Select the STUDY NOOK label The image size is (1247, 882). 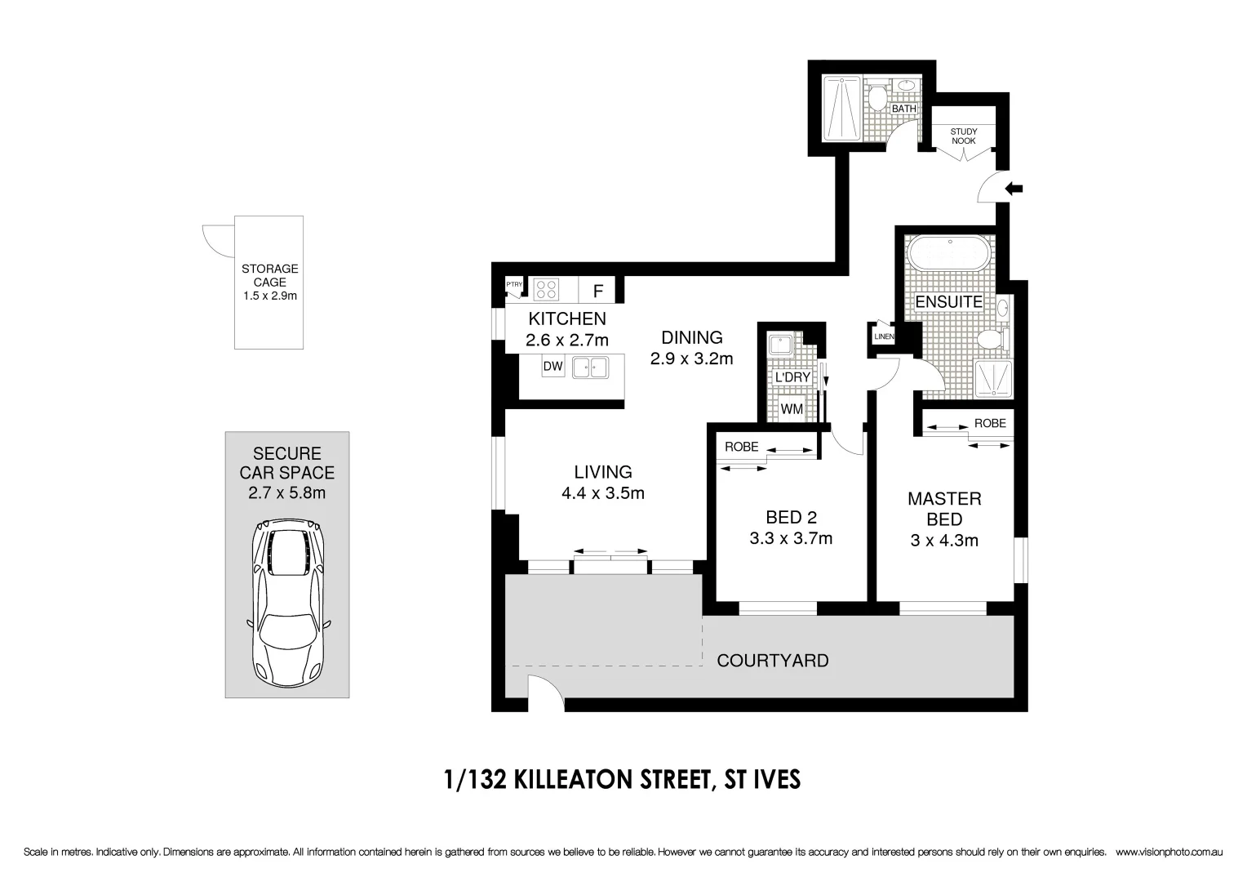pos(963,136)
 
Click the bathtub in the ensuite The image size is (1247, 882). pos(950,254)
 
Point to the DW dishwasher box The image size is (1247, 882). pos(552,367)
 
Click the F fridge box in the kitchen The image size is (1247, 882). pos(598,291)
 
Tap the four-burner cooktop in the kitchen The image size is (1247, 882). pos(546,289)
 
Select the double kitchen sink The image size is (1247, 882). pos(591,367)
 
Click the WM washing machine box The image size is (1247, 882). pos(792,408)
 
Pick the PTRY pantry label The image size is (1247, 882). pos(514,285)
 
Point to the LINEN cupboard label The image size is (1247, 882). pos(884,336)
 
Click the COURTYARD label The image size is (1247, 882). pos(772,661)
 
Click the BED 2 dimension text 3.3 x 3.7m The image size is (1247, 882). pos(790,538)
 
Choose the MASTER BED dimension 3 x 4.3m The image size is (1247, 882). pos(944,540)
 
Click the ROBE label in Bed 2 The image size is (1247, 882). pos(741,447)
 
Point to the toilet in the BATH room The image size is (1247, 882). pos(877,99)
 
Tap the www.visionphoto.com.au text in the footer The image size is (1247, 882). pos(1168,852)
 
